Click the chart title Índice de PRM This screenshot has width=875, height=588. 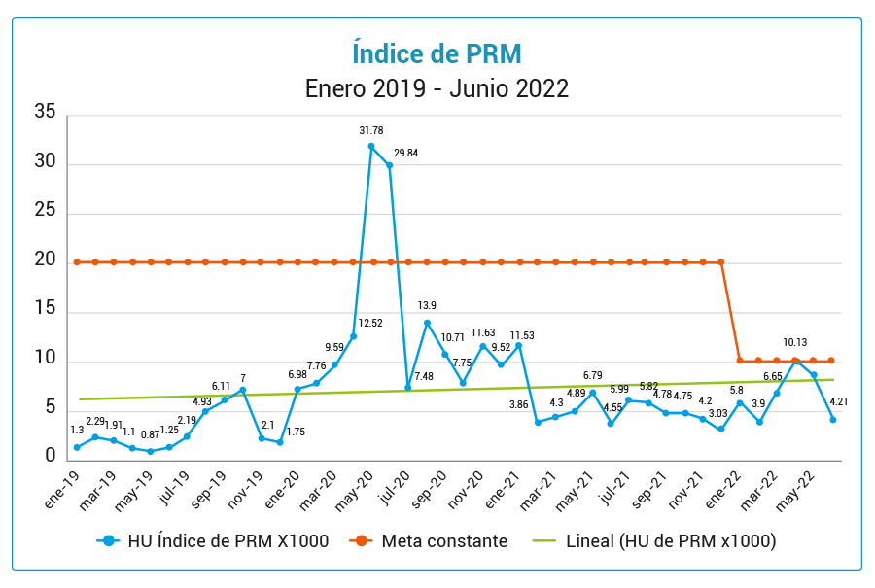[437, 52]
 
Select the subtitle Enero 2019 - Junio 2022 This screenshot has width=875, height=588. [437, 88]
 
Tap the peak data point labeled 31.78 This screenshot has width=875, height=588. [371, 147]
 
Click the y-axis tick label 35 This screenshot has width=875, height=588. [45, 112]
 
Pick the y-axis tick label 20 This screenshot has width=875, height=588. [45, 260]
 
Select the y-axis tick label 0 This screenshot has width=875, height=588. [51, 455]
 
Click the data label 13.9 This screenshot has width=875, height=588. [427, 306]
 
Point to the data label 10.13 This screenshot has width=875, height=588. [795, 342]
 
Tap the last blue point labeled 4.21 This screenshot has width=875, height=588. [833, 420]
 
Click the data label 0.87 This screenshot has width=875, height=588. [150, 434]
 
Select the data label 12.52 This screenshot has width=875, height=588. [370, 323]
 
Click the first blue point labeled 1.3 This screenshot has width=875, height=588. [77, 448]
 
